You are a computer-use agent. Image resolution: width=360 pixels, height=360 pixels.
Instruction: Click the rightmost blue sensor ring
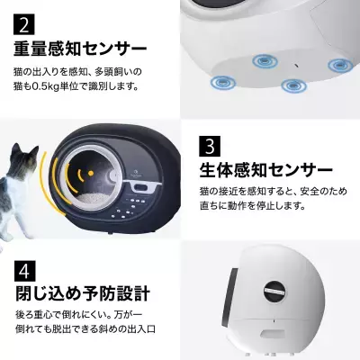337,67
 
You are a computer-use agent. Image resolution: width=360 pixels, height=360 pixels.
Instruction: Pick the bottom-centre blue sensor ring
290,87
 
